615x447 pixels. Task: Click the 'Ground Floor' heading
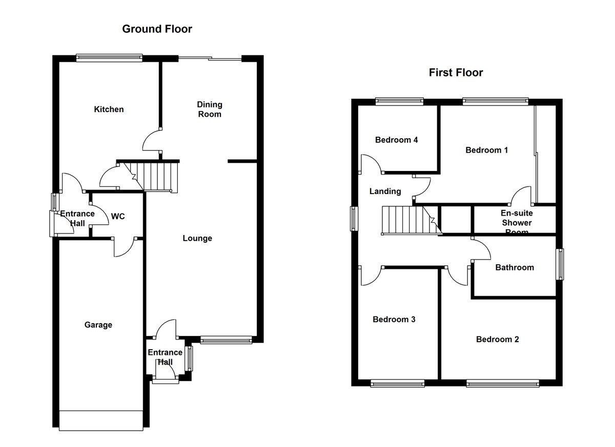(x=157, y=29)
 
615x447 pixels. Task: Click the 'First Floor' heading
(x=456, y=73)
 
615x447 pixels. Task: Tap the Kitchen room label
(x=109, y=109)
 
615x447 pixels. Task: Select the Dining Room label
(x=210, y=109)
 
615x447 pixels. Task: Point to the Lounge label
(x=197, y=238)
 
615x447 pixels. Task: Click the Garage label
(x=98, y=325)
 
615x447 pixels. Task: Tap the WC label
(x=118, y=216)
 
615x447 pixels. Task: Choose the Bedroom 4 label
(x=396, y=140)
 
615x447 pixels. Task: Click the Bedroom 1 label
(x=486, y=150)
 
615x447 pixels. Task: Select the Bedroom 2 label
(x=497, y=339)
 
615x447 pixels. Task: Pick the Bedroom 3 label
(x=394, y=320)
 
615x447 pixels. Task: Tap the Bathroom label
(x=514, y=267)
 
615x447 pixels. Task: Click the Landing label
(x=385, y=191)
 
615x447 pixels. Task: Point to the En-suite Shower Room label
(x=517, y=222)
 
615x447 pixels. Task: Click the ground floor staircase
(x=158, y=176)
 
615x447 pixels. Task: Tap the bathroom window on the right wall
(x=561, y=264)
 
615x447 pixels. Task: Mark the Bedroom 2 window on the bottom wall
(x=502, y=382)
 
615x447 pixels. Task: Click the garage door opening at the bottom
(x=100, y=420)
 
